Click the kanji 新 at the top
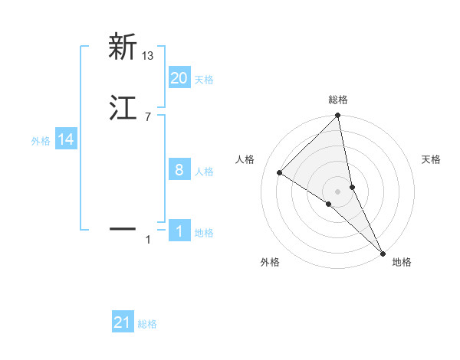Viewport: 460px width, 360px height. click(123, 47)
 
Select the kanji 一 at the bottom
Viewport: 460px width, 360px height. click(123, 227)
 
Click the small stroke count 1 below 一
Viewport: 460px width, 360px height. click(148, 241)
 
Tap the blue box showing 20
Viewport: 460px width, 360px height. click(179, 77)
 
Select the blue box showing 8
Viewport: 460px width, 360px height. click(179, 169)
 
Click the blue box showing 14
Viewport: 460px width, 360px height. click(66, 139)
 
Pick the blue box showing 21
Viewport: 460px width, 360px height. click(123, 322)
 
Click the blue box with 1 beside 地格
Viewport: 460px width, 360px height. click(179, 231)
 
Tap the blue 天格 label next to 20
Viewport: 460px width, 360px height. click(204, 80)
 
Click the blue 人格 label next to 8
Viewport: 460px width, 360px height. click(204, 172)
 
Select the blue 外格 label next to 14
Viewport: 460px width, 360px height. click(41, 141)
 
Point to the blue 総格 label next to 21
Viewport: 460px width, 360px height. click(147, 325)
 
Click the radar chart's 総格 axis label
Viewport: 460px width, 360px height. click(338, 100)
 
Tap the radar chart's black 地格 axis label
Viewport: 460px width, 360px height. click(402, 263)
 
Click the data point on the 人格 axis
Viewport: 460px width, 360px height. click(280, 172)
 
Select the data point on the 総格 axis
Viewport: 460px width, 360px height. click(338, 116)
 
